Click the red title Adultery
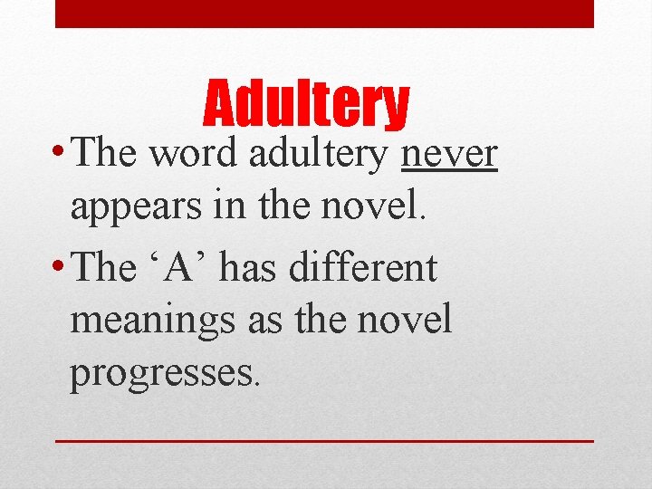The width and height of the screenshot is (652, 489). point(307,105)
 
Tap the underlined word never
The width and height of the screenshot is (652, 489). point(449,155)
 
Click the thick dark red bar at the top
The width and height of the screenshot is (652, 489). point(324,14)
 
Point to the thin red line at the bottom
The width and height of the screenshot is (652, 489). point(324,440)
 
